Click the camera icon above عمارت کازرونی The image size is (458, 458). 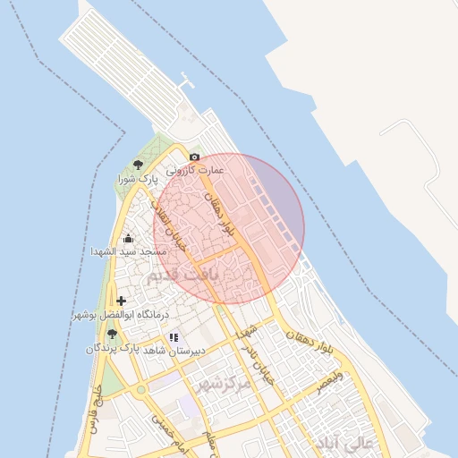pyautogui.click(x=194, y=157)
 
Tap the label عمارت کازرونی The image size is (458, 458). pyautogui.click(x=195, y=169)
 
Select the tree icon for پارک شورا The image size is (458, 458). pyautogui.click(x=137, y=165)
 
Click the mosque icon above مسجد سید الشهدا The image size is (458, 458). pyautogui.click(x=128, y=238)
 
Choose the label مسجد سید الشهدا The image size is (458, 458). pyautogui.click(x=126, y=251)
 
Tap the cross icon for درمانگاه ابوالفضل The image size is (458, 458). pyautogui.click(x=122, y=301)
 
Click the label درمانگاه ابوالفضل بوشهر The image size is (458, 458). pyautogui.click(x=110, y=315)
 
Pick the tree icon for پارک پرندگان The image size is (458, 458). pyautogui.click(x=111, y=333)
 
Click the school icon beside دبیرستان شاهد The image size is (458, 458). pyautogui.click(x=173, y=337)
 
